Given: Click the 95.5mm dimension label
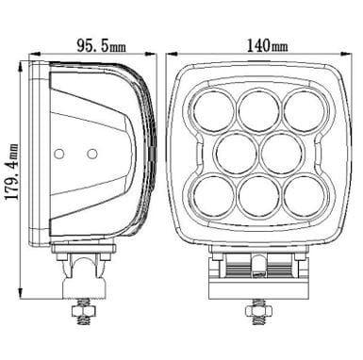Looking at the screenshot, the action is click(x=101, y=46).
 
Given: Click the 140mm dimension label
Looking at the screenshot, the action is click(x=267, y=45).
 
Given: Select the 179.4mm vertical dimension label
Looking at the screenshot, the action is click(x=12, y=172).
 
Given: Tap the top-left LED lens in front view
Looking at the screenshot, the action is click(x=214, y=110).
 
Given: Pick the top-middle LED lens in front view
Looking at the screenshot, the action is click(x=259, y=110).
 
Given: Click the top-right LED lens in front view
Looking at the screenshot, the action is click(x=305, y=110).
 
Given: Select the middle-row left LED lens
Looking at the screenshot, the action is click(x=236, y=154).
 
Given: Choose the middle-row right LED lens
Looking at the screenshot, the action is click(x=282, y=154).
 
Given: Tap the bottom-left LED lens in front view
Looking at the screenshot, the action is click(x=214, y=197).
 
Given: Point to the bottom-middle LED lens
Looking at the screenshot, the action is click(x=259, y=197).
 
